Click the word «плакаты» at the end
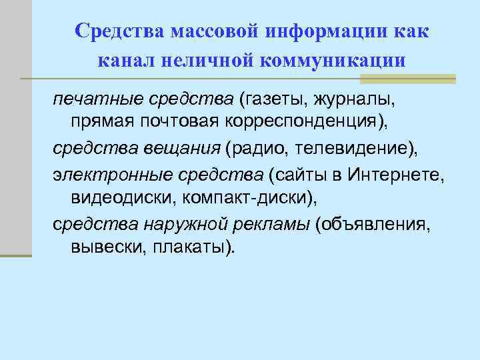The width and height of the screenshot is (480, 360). point(193,247)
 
